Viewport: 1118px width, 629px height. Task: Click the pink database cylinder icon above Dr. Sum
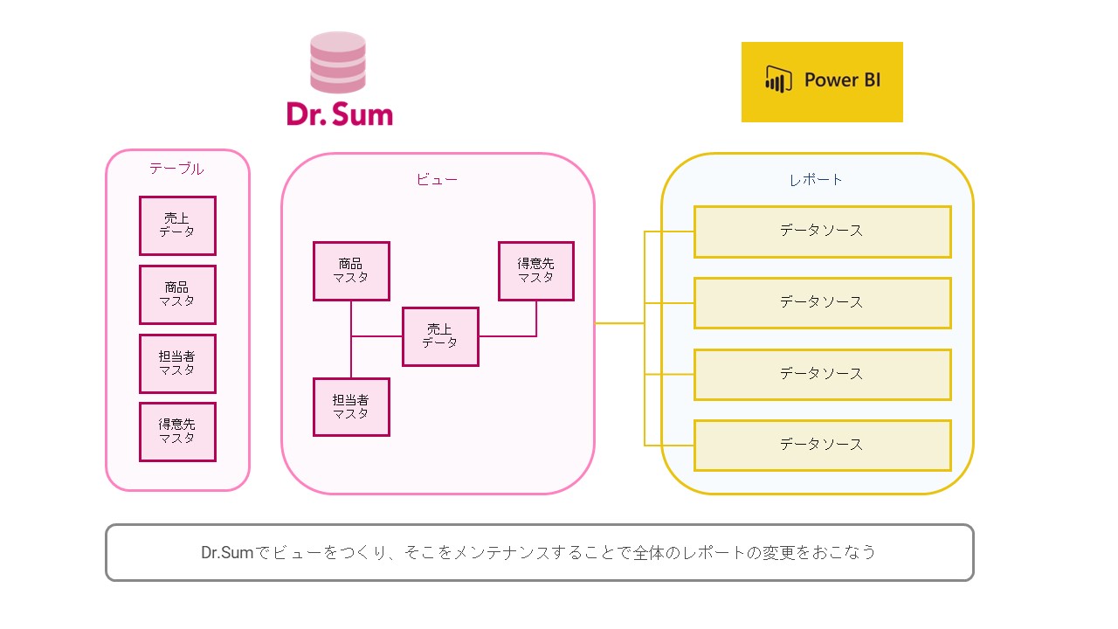(x=338, y=62)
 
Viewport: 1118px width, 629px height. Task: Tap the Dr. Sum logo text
(x=339, y=114)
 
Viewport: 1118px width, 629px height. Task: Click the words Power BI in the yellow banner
(x=842, y=80)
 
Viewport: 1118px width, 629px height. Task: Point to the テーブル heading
(x=176, y=169)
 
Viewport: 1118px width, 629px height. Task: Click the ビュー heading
(x=437, y=179)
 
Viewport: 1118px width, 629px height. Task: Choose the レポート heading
(x=816, y=179)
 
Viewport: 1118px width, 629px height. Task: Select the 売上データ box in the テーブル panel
(x=177, y=225)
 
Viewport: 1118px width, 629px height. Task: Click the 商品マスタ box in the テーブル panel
(x=177, y=294)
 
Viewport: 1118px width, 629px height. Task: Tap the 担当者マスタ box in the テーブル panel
(x=177, y=363)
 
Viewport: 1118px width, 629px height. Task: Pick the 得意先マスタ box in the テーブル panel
(x=177, y=432)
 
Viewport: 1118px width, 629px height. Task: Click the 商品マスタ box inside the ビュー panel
(x=351, y=271)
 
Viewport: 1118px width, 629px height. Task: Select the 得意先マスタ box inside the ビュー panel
(x=536, y=271)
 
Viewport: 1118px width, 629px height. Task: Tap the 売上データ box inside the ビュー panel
(x=440, y=336)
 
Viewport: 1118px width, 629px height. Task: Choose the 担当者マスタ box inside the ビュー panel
(x=351, y=407)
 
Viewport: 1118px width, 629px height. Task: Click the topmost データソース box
(x=822, y=232)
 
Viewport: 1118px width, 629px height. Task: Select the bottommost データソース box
(x=822, y=445)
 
